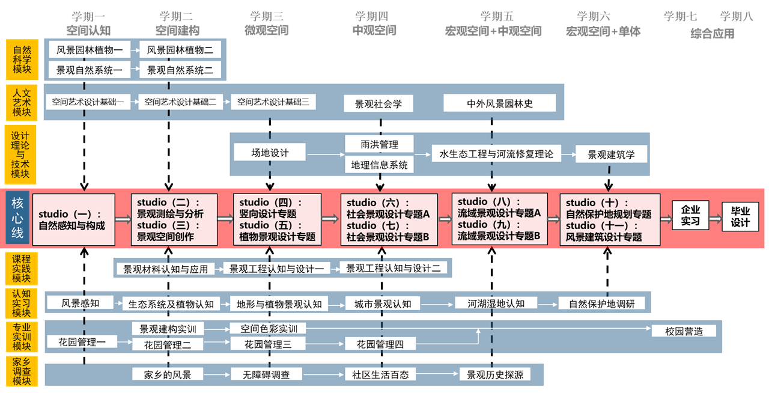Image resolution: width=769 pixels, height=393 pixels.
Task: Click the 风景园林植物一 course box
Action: tap(90, 50)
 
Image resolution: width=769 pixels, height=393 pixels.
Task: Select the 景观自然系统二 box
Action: tap(180, 70)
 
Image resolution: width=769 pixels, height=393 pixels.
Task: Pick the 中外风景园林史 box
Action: tap(500, 103)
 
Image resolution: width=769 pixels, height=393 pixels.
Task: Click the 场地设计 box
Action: tap(270, 153)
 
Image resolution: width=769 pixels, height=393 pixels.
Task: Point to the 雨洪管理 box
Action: tap(379, 145)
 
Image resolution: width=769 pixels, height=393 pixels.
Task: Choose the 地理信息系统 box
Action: tap(379, 165)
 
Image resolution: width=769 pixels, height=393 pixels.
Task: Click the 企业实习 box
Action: tap(690, 216)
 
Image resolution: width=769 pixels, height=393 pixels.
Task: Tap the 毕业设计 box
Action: tap(740, 217)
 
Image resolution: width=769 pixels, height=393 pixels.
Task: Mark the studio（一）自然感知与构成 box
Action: tap(73, 219)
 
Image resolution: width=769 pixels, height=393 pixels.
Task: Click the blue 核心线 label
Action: tap(17, 218)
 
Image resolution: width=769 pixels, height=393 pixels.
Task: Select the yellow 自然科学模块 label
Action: tap(22, 59)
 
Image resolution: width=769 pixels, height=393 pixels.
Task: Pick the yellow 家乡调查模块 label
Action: tap(22, 371)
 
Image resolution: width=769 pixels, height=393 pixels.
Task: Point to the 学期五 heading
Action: tap(497, 17)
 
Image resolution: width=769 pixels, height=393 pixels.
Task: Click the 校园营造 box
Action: tap(684, 331)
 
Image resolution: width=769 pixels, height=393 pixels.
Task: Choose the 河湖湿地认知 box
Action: tap(496, 303)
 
